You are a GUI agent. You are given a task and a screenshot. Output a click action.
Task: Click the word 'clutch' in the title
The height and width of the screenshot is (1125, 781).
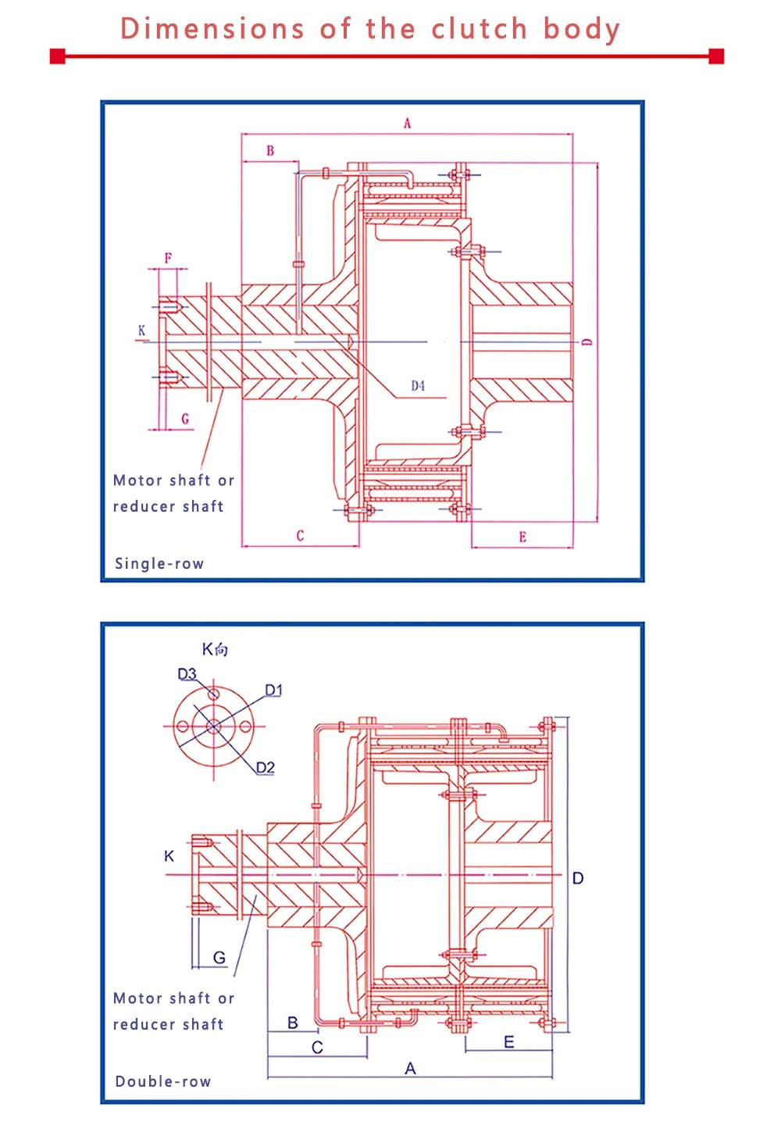pos(480,28)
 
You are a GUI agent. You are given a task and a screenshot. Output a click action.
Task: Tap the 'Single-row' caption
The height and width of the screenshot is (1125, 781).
pos(159,563)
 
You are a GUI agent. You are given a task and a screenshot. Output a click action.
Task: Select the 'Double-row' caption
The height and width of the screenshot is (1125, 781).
pos(162,1082)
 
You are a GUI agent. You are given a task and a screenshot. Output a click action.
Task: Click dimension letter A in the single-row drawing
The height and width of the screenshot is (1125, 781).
pos(407,123)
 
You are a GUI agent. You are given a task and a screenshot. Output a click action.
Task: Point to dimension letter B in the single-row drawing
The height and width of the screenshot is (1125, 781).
pos(270,151)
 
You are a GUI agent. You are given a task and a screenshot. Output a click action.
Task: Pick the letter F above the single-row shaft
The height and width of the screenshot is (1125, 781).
pos(168,258)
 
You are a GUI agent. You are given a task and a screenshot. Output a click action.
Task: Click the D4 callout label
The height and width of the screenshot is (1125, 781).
pos(418,386)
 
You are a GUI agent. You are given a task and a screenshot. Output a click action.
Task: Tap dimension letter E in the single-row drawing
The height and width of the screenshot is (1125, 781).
pos(522,537)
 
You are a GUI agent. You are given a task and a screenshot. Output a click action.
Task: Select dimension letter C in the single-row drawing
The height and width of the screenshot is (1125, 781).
pos(300,536)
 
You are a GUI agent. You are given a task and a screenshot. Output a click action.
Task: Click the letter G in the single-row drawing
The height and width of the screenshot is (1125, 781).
pos(185,419)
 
